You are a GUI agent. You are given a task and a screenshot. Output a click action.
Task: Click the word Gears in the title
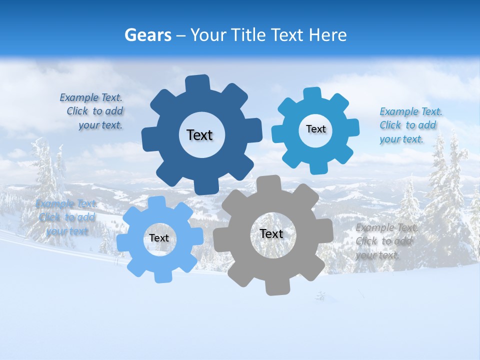[x=148, y=35]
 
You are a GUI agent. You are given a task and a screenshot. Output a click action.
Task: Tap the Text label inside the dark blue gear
[x=199, y=135]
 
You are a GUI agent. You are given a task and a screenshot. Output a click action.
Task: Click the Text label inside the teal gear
[x=315, y=129]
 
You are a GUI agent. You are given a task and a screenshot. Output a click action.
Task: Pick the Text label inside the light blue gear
[x=159, y=238]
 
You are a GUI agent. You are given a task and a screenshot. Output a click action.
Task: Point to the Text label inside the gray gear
[x=271, y=233]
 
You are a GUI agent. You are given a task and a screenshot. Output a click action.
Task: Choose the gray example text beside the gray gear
[x=385, y=241]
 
